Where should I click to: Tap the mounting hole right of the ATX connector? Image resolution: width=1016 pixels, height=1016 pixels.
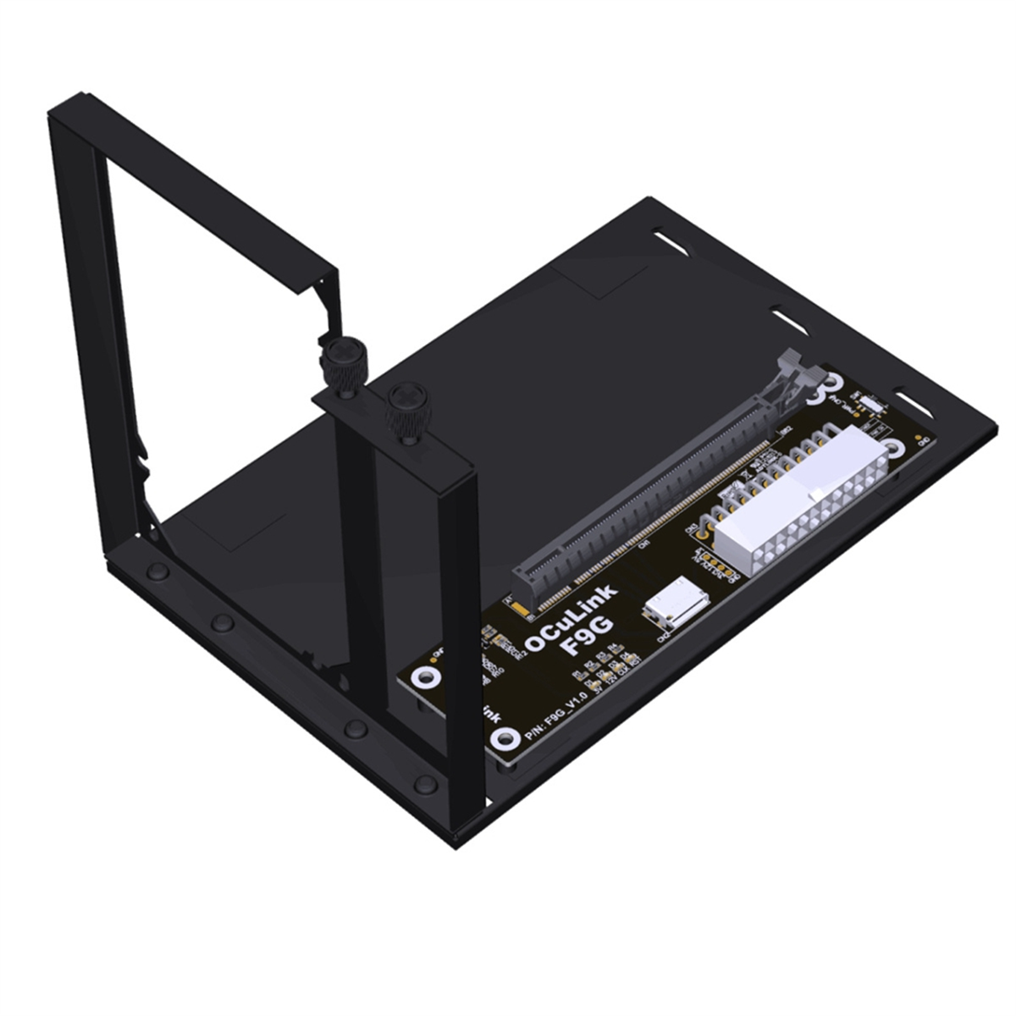click(895, 449)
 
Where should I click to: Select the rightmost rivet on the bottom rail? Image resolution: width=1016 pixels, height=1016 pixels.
click(425, 783)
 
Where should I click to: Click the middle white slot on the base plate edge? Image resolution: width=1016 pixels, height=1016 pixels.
click(790, 318)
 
